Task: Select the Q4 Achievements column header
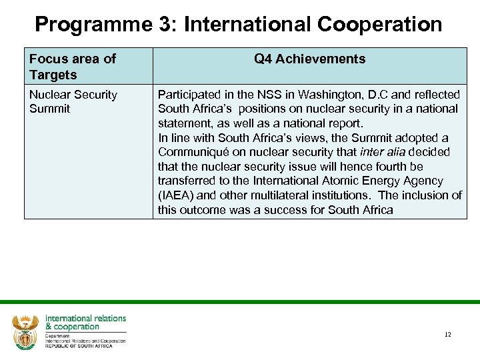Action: point(309,59)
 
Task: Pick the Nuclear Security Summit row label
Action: point(73,101)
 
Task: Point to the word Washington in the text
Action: point(297,95)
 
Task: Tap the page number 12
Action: point(447,334)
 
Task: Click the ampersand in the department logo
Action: point(49,327)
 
